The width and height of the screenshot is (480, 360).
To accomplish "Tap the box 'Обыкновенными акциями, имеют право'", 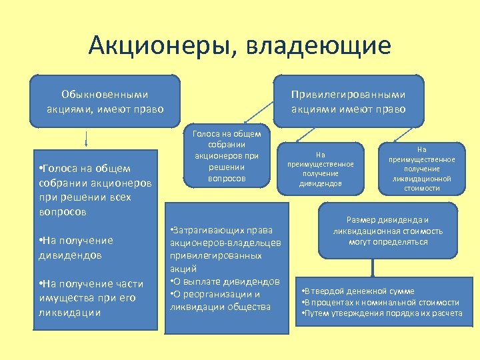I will pos(105,101).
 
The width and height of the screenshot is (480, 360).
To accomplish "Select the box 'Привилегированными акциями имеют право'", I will pos(349,101).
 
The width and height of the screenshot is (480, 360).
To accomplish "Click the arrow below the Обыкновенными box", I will pos(87,139).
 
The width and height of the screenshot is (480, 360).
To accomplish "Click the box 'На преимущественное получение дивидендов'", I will pos(321,169).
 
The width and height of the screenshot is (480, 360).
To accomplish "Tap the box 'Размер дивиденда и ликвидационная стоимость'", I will pos(387,231).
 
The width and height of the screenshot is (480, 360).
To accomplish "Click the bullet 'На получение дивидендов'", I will pos(77,247).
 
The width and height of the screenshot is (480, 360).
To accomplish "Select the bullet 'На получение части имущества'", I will pos(87,298).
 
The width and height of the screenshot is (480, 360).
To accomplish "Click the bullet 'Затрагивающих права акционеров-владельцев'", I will pos(225,249).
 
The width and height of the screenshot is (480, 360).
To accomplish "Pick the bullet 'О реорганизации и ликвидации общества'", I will pos(220,300).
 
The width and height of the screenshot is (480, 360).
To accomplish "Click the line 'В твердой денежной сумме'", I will pos(358,291).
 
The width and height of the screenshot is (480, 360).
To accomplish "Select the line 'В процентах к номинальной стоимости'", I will pos(381,302).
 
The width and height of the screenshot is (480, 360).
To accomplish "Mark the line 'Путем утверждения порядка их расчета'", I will pos(382,313).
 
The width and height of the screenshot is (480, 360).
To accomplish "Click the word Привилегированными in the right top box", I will pos(349,95).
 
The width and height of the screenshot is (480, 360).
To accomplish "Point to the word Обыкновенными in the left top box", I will pos(105,95).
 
